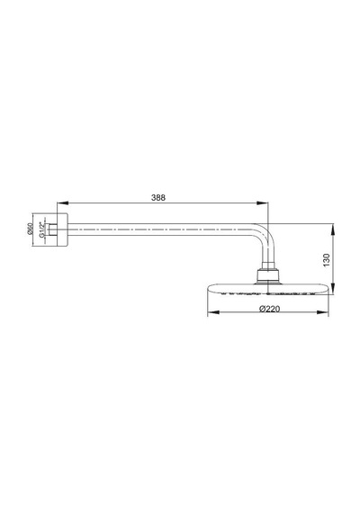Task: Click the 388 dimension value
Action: pos(158,198)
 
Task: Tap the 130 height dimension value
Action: pos(327,260)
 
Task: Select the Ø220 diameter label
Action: pos(270,309)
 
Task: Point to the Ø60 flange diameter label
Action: pos(30,229)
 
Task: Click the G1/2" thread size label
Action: pos(41,229)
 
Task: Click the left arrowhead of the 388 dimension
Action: pos(61,203)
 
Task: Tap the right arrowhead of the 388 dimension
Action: pos(263,203)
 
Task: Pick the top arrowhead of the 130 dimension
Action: pos(333,229)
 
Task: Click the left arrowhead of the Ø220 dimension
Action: pos(213,312)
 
